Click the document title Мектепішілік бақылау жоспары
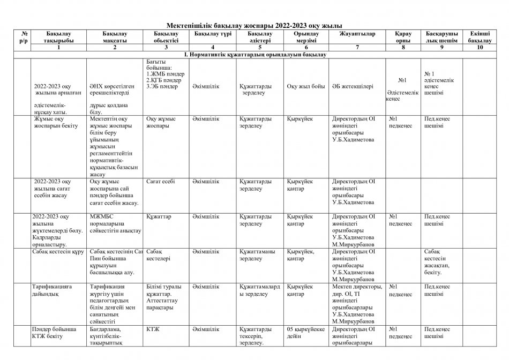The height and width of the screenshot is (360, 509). coord(254,26)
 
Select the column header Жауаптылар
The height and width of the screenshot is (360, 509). coord(357,34)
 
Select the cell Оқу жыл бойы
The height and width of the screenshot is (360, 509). coord(305,86)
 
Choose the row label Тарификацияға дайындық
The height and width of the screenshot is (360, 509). coord(52,290)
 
